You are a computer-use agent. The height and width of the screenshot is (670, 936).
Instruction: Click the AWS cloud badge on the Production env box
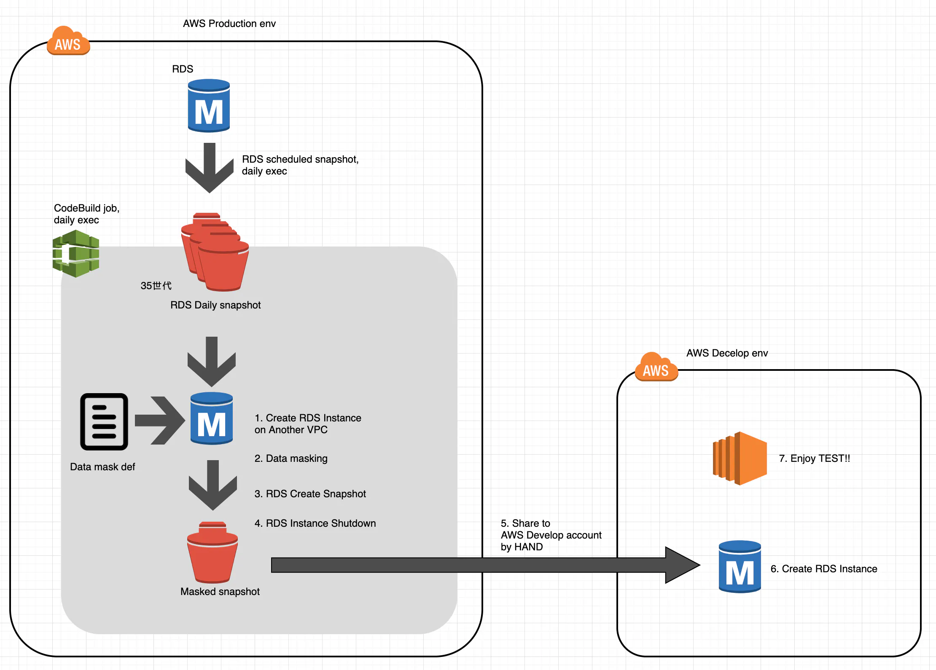point(68,41)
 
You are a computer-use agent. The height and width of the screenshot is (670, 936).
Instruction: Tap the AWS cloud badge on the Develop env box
point(656,367)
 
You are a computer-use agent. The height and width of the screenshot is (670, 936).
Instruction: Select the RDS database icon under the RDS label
point(209,106)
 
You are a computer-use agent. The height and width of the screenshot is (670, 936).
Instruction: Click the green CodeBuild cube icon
point(76,254)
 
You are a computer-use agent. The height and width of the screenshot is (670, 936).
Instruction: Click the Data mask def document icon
point(104,421)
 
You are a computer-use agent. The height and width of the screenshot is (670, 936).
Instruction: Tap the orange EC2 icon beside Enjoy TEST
point(740,458)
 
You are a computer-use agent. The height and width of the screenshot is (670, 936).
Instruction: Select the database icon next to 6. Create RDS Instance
point(740,567)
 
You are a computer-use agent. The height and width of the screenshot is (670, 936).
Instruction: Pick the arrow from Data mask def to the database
point(160,420)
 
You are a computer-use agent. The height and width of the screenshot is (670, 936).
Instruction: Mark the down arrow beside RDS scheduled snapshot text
point(210,168)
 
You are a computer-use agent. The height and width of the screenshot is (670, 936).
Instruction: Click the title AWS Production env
point(229,24)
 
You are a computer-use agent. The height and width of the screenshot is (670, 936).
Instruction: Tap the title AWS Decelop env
point(727,353)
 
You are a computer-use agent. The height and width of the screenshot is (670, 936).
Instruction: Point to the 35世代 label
point(156,286)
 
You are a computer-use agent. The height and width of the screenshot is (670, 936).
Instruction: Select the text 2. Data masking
point(291,458)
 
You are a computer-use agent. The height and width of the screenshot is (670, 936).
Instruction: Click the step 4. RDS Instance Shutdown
point(315,523)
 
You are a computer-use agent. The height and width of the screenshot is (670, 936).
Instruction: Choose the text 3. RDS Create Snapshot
point(310,494)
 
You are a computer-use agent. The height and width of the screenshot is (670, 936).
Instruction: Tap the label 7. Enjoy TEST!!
point(814,458)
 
